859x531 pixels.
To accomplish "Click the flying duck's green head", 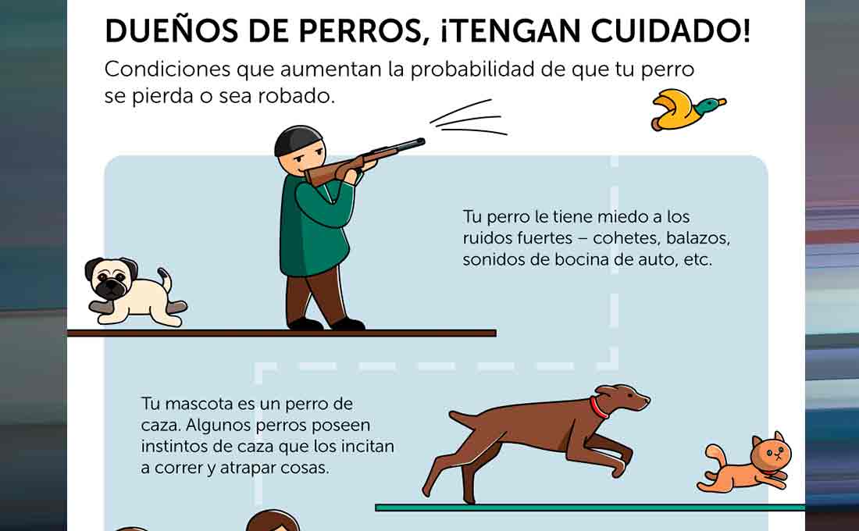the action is click(708, 105).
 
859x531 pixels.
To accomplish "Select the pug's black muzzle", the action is click(112, 287).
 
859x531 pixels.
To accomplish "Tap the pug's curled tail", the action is click(165, 279).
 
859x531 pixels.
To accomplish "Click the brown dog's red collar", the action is click(598, 408).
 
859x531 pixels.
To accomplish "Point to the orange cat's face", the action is click(772, 453).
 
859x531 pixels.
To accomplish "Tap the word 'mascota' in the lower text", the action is click(200, 404).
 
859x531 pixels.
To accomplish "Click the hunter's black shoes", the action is click(326, 324).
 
